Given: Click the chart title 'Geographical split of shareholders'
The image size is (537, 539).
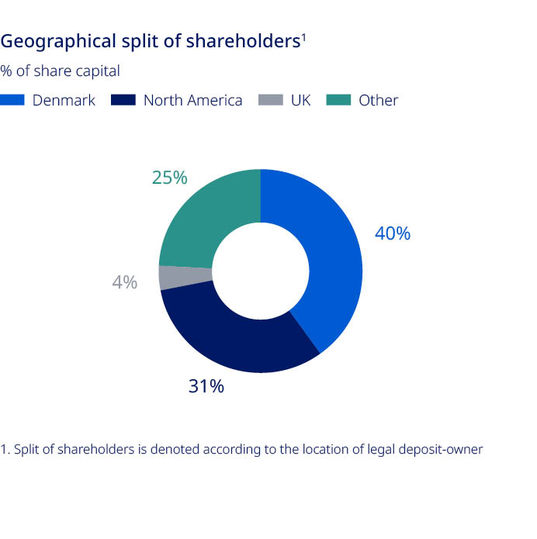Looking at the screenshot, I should tap(151, 42).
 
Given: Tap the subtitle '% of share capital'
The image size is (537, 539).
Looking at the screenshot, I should tap(61, 71).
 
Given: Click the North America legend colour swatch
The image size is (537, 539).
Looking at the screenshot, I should tap(124, 100).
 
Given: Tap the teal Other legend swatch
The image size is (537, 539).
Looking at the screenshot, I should tap(340, 100).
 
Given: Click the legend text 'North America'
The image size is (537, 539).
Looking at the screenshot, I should tap(192, 100).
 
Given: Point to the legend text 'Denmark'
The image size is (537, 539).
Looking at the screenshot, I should tap(64, 100).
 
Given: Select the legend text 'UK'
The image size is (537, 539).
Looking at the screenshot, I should tap(300, 100).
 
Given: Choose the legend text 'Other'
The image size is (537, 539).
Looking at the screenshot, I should tap(378, 100).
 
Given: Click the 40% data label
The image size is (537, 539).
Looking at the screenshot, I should tap(392, 233).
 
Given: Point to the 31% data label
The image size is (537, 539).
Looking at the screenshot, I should tap(206, 385).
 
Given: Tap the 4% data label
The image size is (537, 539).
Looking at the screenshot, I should tap(124, 282).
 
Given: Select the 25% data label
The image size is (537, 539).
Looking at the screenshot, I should tap(169, 178).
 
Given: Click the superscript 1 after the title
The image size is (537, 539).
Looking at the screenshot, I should tap(303, 36).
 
